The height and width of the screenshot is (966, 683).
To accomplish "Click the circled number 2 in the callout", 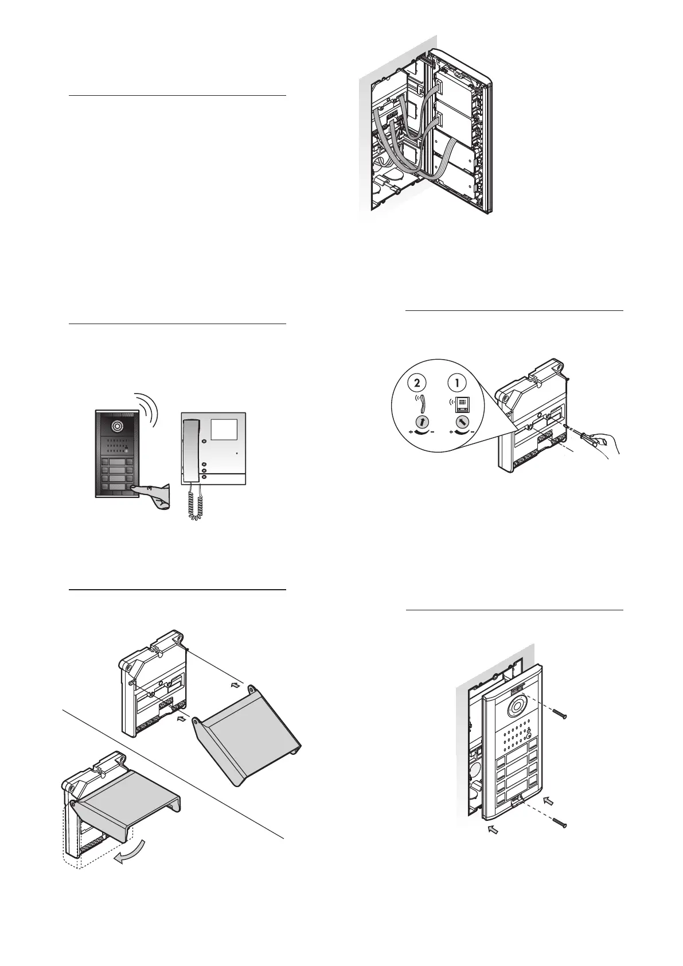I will (421, 383).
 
